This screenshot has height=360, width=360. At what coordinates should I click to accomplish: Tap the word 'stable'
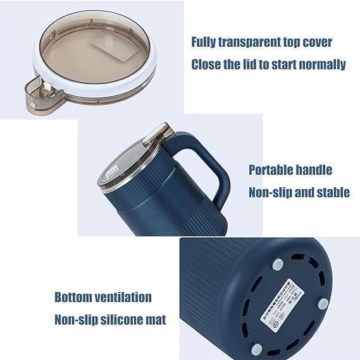[x=330, y=192]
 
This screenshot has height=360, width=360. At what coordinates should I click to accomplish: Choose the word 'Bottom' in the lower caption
[x=75, y=297]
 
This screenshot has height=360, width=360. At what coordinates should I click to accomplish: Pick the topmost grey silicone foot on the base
[x=276, y=264]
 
